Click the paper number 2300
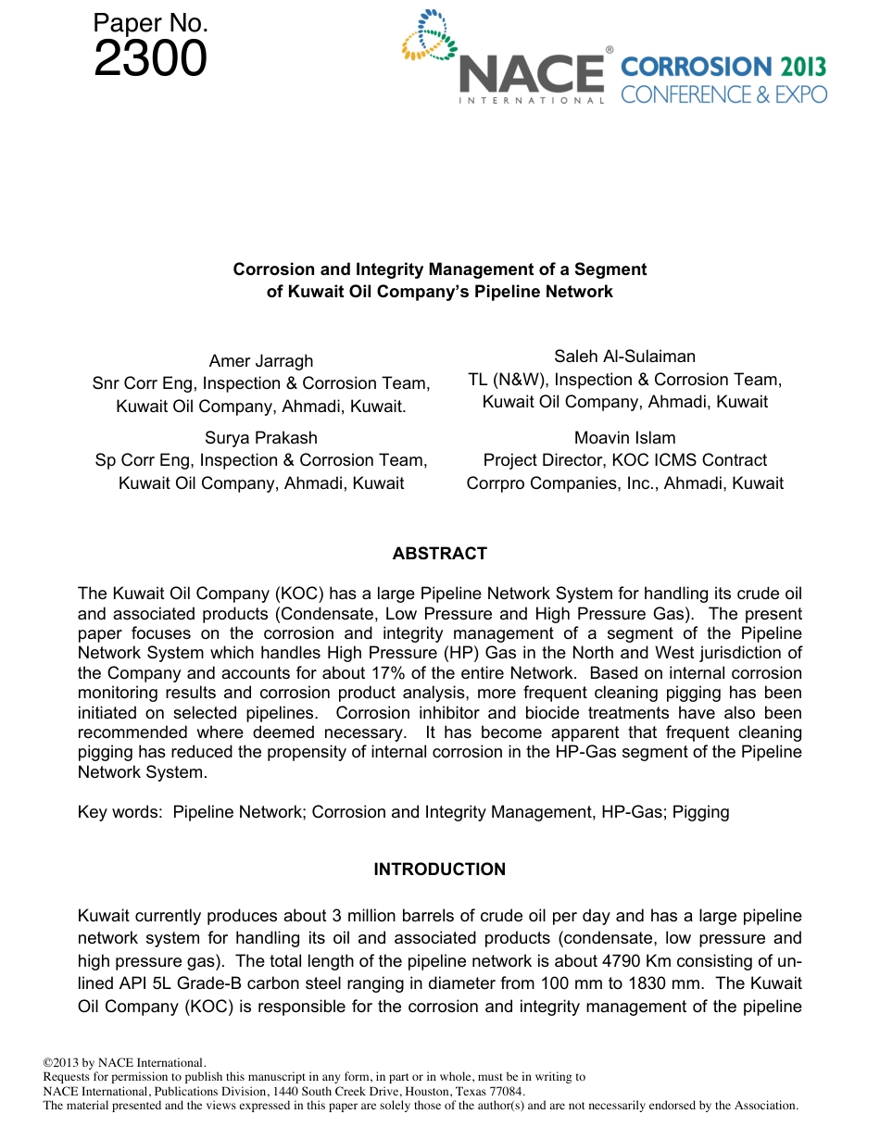point(150,59)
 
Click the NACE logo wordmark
point(531,74)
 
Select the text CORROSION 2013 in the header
point(723,67)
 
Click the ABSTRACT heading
point(439,554)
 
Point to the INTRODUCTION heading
point(439,870)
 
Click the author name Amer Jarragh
point(260,361)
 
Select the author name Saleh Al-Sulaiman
point(624,357)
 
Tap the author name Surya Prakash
point(260,438)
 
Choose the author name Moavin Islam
point(624,438)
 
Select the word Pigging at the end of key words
point(700,813)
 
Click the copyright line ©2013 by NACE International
point(124,1063)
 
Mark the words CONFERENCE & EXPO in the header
point(723,94)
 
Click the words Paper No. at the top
point(150,24)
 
